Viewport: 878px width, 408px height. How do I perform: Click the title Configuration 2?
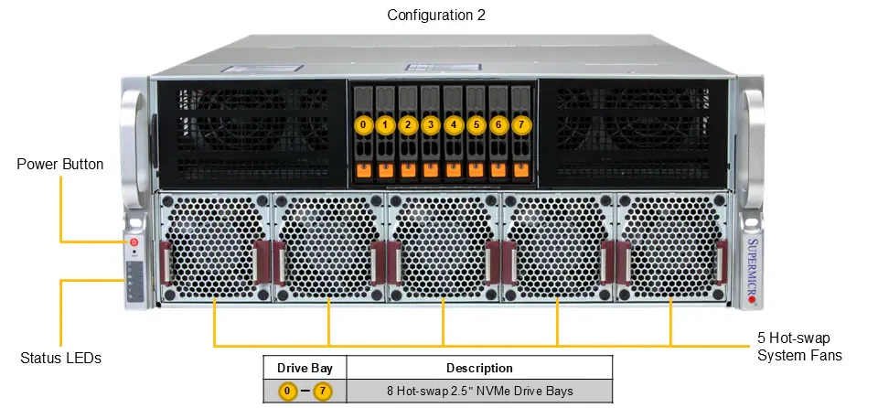click(436, 16)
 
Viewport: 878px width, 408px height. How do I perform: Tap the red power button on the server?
click(134, 242)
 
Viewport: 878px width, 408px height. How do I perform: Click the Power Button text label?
click(60, 165)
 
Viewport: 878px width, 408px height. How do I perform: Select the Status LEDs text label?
click(60, 358)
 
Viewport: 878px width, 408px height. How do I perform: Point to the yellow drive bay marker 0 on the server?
click(363, 125)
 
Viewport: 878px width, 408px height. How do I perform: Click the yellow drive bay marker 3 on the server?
click(430, 125)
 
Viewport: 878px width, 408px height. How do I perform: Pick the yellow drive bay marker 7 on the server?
click(521, 125)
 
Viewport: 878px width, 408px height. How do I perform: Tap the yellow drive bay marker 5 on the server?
click(476, 125)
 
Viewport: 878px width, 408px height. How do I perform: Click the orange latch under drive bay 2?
click(408, 170)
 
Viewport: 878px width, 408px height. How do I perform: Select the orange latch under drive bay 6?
click(498, 170)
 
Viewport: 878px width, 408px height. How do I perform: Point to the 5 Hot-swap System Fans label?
click(799, 347)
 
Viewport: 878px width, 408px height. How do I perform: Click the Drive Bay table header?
click(305, 369)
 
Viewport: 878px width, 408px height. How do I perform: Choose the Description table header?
click(479, 369)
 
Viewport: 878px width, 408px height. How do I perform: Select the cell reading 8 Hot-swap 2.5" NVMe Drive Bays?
click(480, 392)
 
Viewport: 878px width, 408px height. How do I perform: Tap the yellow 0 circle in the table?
click(287, 392)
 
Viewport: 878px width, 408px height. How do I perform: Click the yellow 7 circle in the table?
click(322, 392)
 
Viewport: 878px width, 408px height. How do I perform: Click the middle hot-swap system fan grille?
click(444, 247)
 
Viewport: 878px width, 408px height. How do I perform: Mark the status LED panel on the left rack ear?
click(134, 281)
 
